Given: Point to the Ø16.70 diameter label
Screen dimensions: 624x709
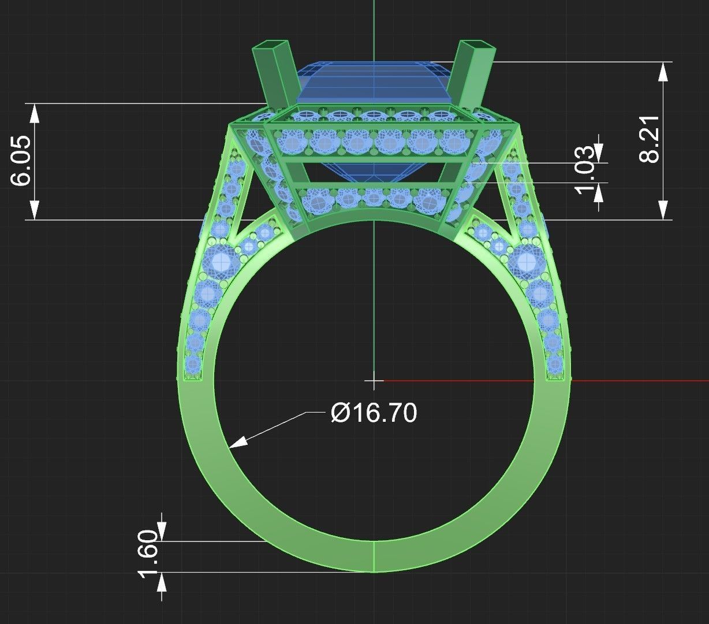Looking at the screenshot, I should point(374,413).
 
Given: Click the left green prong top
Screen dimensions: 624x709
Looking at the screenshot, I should point(270,46).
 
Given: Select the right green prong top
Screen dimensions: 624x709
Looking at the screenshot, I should point(477,47).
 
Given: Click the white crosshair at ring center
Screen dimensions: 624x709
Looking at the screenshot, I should point(374,381).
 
